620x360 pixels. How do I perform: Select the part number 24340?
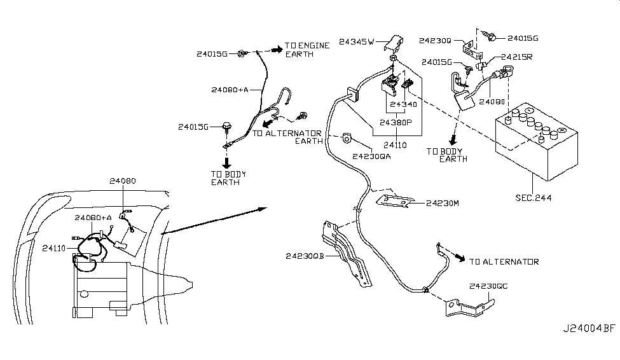pos(404,104)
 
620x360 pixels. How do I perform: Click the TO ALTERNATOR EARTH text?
pos(286,137)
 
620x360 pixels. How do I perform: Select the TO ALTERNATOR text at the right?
pos(504,261)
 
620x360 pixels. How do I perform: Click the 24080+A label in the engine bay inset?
pos(93,218)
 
